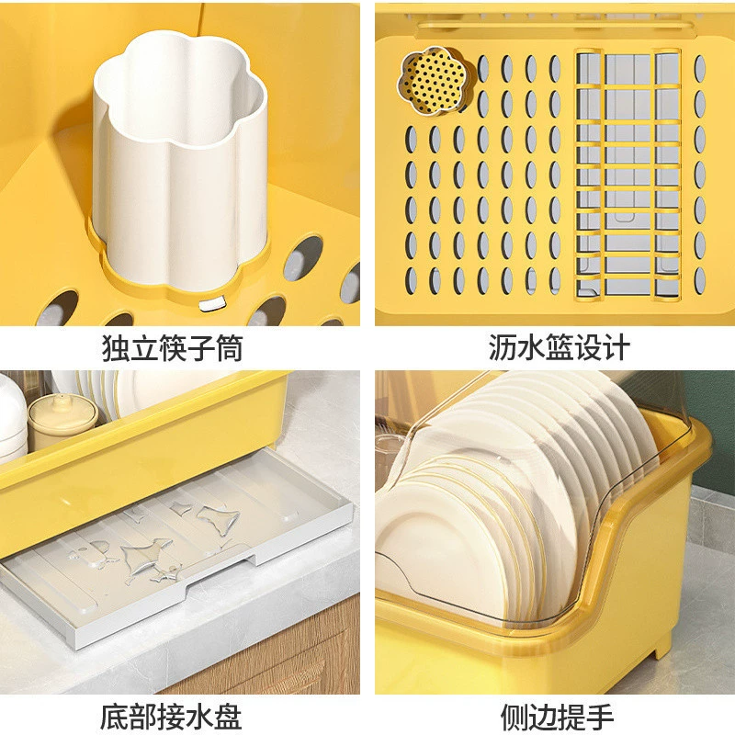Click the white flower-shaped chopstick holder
[179, 159]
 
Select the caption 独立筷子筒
[172, 348]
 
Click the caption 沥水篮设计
[559, 347]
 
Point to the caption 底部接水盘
[171, 716]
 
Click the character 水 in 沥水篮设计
[530, 347]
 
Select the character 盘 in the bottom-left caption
[229, 716]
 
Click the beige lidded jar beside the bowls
[61, 421]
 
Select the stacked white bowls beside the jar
[12, 417]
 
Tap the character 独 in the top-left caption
[115, 348]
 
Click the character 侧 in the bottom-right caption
[514, 716]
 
